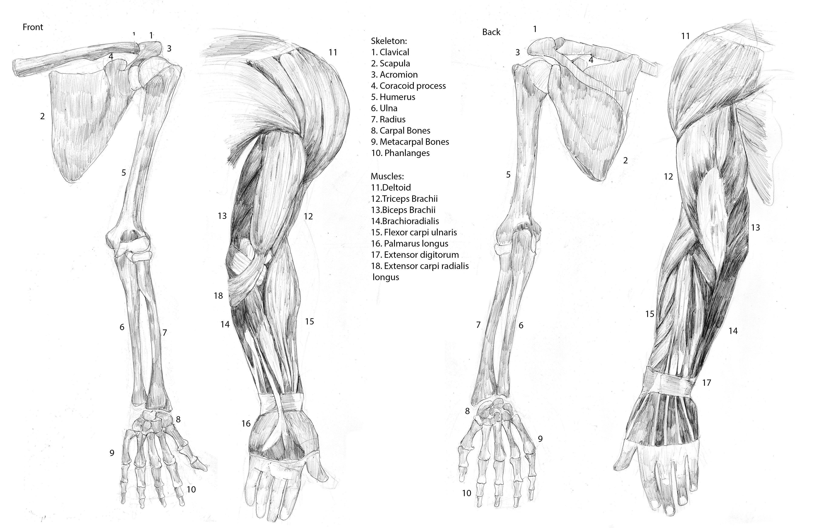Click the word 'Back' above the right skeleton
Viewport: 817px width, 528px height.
(491, 32)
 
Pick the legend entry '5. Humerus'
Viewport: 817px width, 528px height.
(393, 97)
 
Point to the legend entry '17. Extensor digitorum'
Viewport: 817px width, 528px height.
(415, 255)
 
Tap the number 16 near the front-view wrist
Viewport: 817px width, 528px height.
(246, 424)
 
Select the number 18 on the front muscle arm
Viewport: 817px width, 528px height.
(218, 296)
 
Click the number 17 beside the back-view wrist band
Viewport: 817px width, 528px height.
(706, 383)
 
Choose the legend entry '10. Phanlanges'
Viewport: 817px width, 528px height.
(400, 153)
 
